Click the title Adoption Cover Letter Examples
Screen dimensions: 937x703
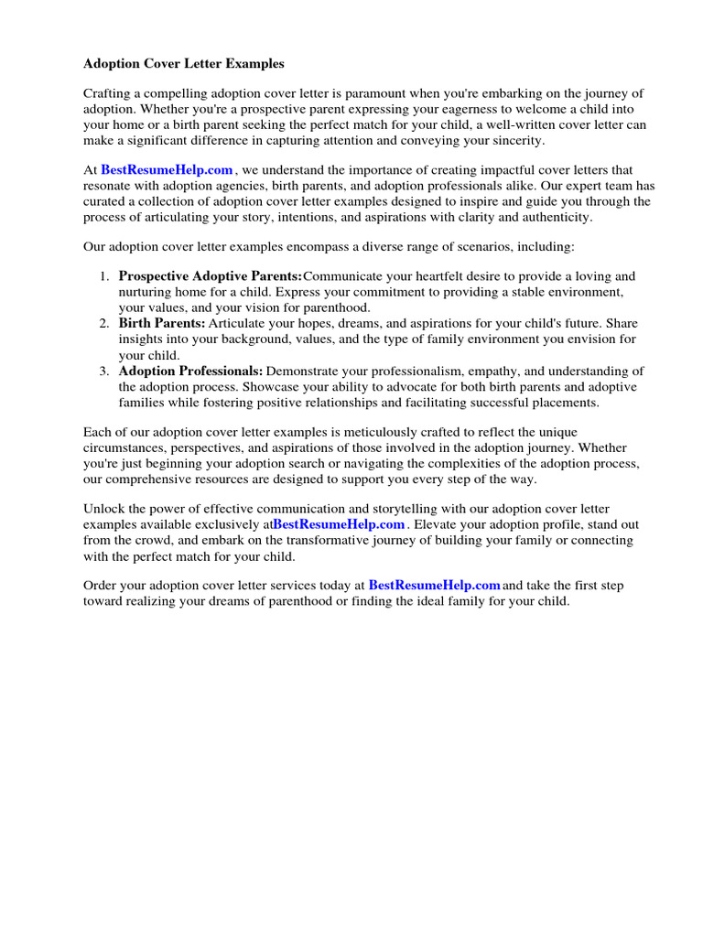click(184, 64)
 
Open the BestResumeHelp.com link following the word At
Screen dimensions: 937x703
click(167, 170)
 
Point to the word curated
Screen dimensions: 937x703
click(109, 201)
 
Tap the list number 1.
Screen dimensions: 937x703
click(104, 276)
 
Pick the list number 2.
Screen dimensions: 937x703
click(104, 324)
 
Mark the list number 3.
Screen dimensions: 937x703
click(104, 372)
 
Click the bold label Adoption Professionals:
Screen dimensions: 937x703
click(190, 372)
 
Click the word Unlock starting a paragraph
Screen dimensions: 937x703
click(103, 509)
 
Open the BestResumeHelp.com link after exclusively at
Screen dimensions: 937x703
click(339, 524)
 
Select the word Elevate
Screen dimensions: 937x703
click(438, 524)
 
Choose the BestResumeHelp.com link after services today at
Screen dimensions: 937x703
click(435, 586)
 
